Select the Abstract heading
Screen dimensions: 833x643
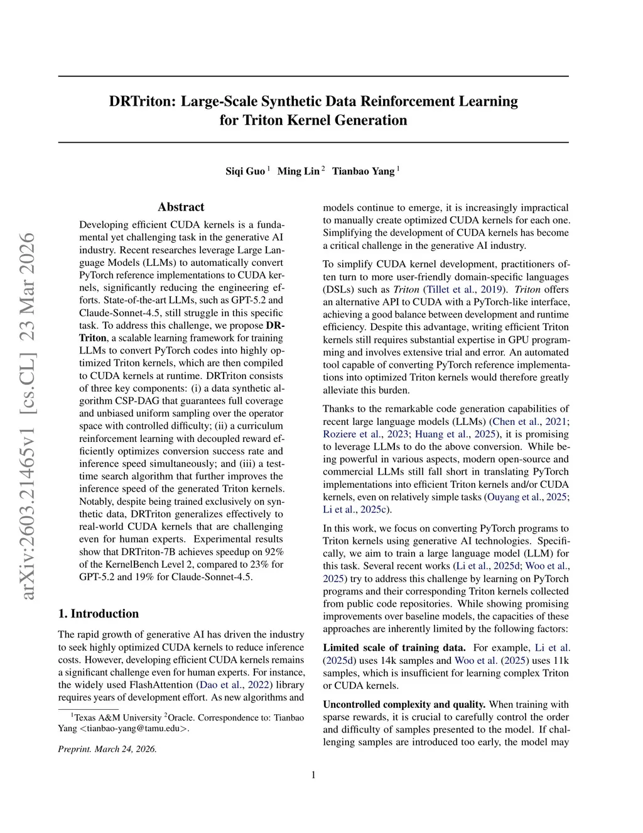click(181, 207)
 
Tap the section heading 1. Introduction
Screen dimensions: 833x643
click(98, 614)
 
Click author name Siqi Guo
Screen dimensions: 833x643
click(246, 171)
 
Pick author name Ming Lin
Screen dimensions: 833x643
click(298, 171)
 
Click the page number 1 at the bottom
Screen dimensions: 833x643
click(313, 775)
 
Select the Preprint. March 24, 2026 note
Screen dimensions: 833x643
click(107, 749)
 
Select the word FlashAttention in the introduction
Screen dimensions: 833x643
click(162, 685)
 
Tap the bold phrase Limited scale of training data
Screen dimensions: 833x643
click(394, 648)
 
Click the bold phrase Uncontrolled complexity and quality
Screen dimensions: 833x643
click(404, 704)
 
